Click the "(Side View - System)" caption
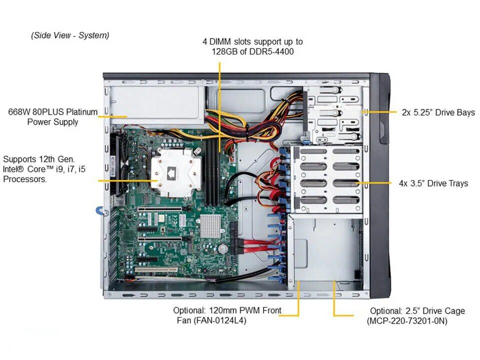tap(70, 35)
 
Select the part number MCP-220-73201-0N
tap(407, 321)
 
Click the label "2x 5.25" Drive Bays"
tap(438, 112)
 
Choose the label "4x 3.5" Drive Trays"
tap(433, 183)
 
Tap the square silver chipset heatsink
tap(210, 226)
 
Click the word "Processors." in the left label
tap(25, 179)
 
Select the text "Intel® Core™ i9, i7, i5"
tap(44, 169)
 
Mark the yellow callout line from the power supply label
tap(112, 116)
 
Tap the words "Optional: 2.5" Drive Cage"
tap(417, 311)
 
